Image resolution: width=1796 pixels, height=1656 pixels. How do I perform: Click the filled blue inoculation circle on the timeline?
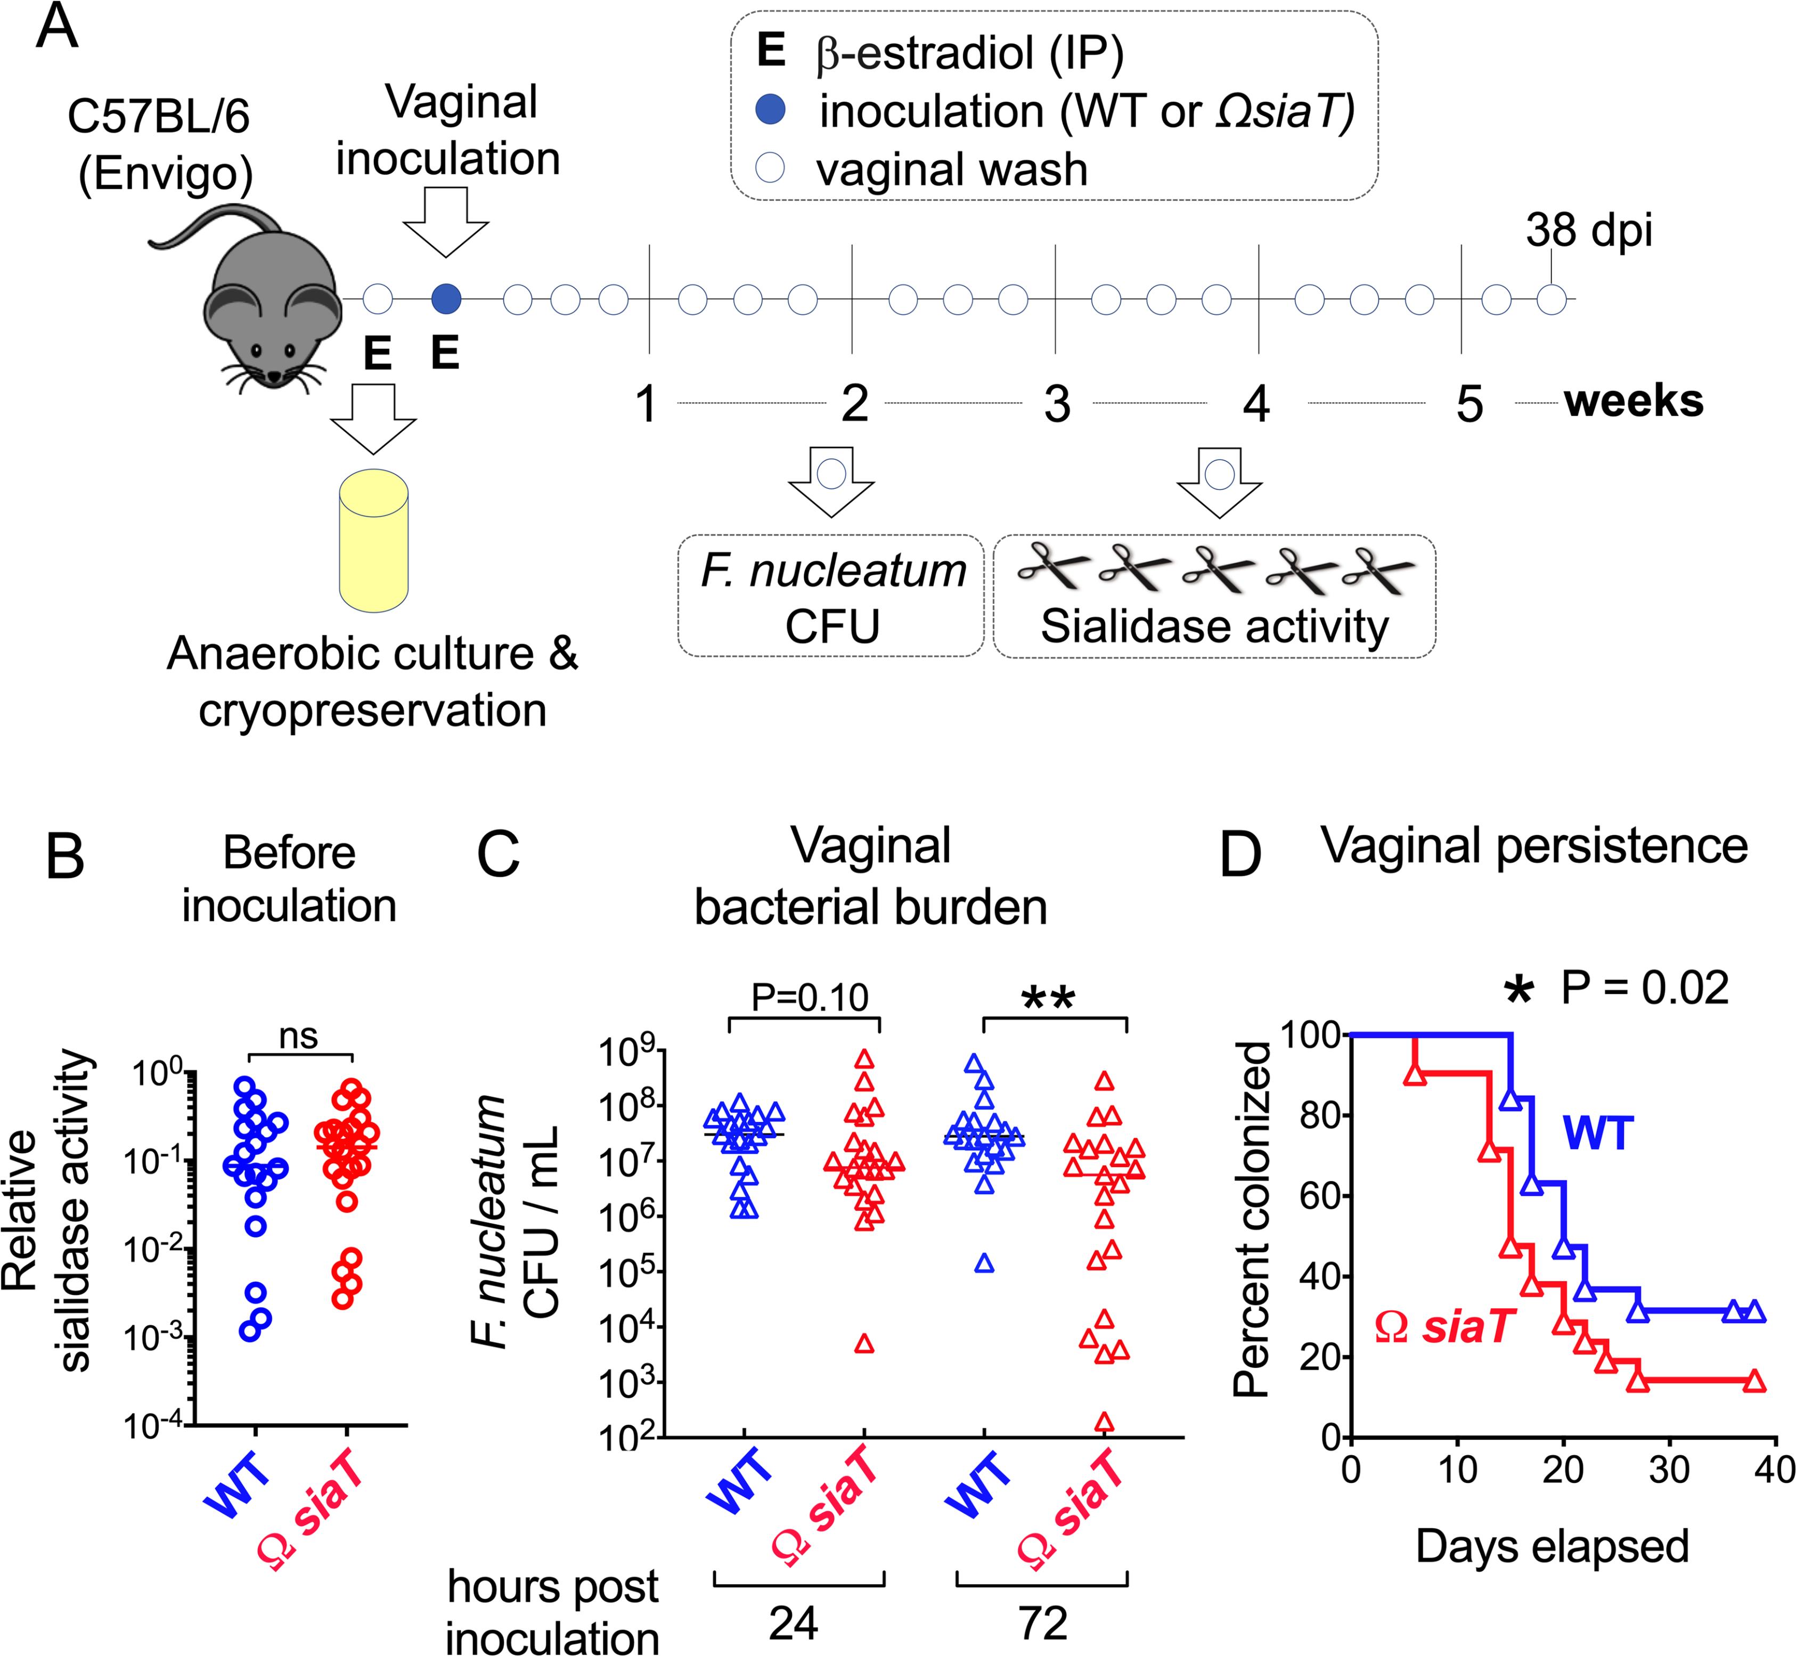click(x=445, y=298)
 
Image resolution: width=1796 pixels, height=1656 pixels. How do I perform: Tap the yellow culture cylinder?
click(x=374, y=541)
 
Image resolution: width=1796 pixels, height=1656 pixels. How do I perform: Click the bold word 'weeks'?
click(x=1634, y=402)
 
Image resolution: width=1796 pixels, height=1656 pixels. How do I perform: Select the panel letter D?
click(x=1240, y=856)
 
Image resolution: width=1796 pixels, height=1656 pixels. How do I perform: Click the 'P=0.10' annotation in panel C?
click(x=809, y=997)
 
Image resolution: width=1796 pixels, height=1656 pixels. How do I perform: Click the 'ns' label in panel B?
click(x=298, y=1036)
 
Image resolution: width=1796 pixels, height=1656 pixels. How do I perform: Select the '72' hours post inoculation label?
click(x=1043, y=1624)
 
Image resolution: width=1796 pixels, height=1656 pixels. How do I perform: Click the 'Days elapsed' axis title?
click(x=1552, y=1546)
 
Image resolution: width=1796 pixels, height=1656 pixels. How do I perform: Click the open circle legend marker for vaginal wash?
click(x=771, y=168)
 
